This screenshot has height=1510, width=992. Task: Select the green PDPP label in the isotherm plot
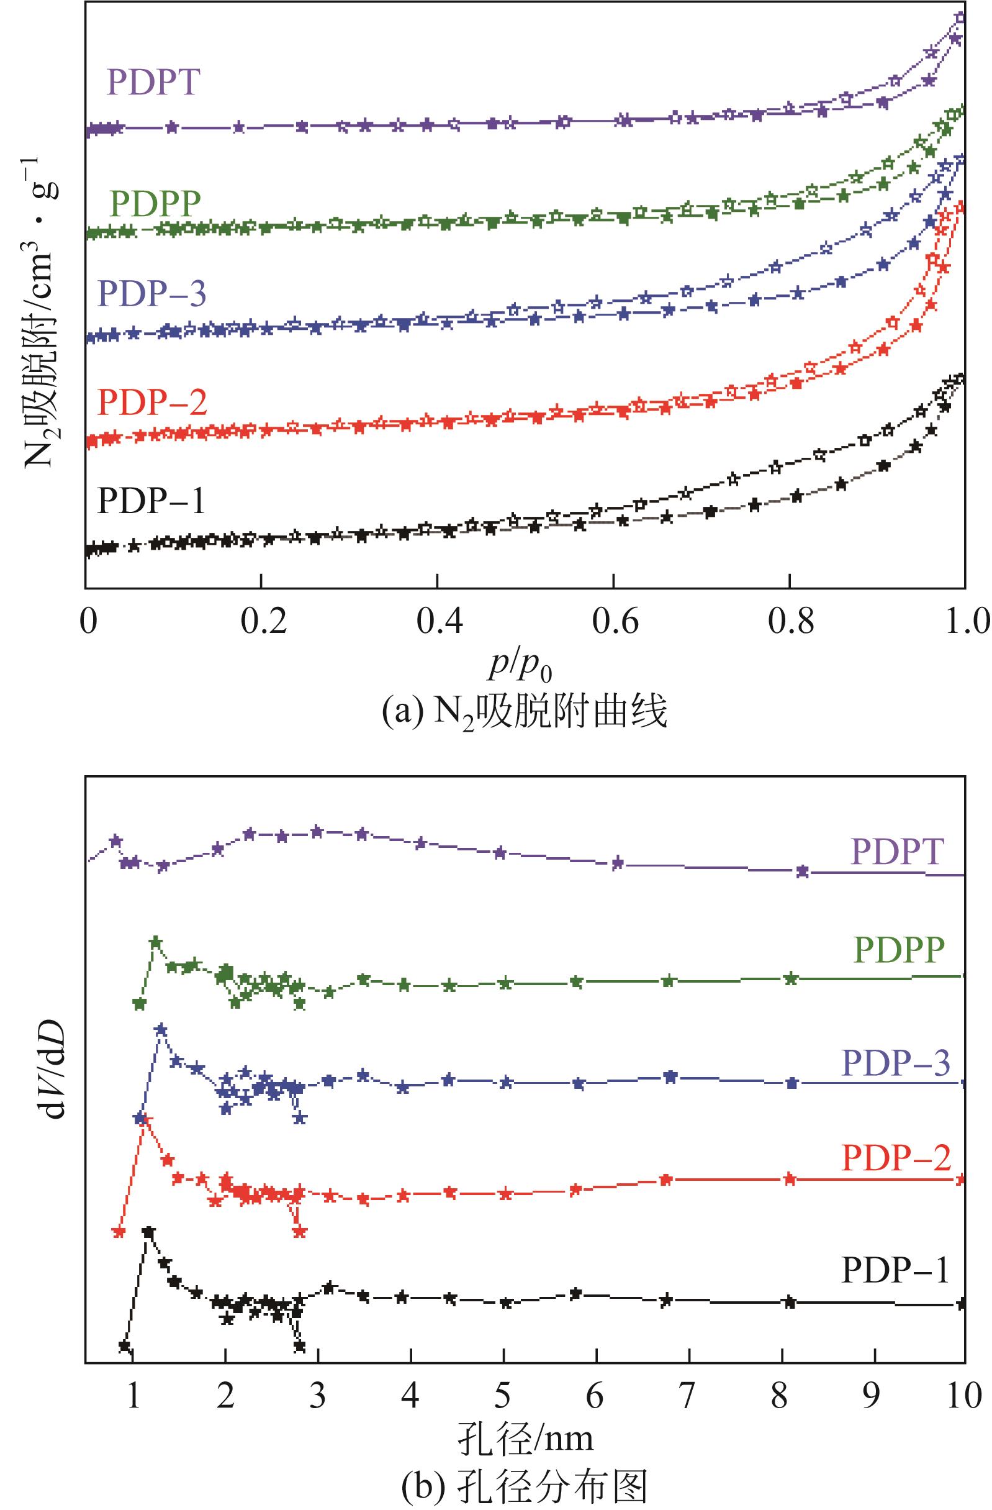click(x=155, y=203)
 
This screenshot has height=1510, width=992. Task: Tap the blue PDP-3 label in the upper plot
click(x=152, y=294)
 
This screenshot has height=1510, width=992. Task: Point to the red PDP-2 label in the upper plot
click(x=152, y=403)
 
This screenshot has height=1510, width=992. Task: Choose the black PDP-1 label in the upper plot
click(x=151, y=501)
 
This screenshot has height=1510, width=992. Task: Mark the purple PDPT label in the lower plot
click(x=897, y=852)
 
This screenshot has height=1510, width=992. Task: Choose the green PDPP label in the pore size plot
click(x=899, y=950)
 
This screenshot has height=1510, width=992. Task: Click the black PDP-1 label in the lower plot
click(x=895, y=1270)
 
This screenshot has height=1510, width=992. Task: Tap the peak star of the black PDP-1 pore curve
click(x=149, y=1232)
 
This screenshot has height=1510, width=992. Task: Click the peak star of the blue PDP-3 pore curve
click(x=161, y=1029)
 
